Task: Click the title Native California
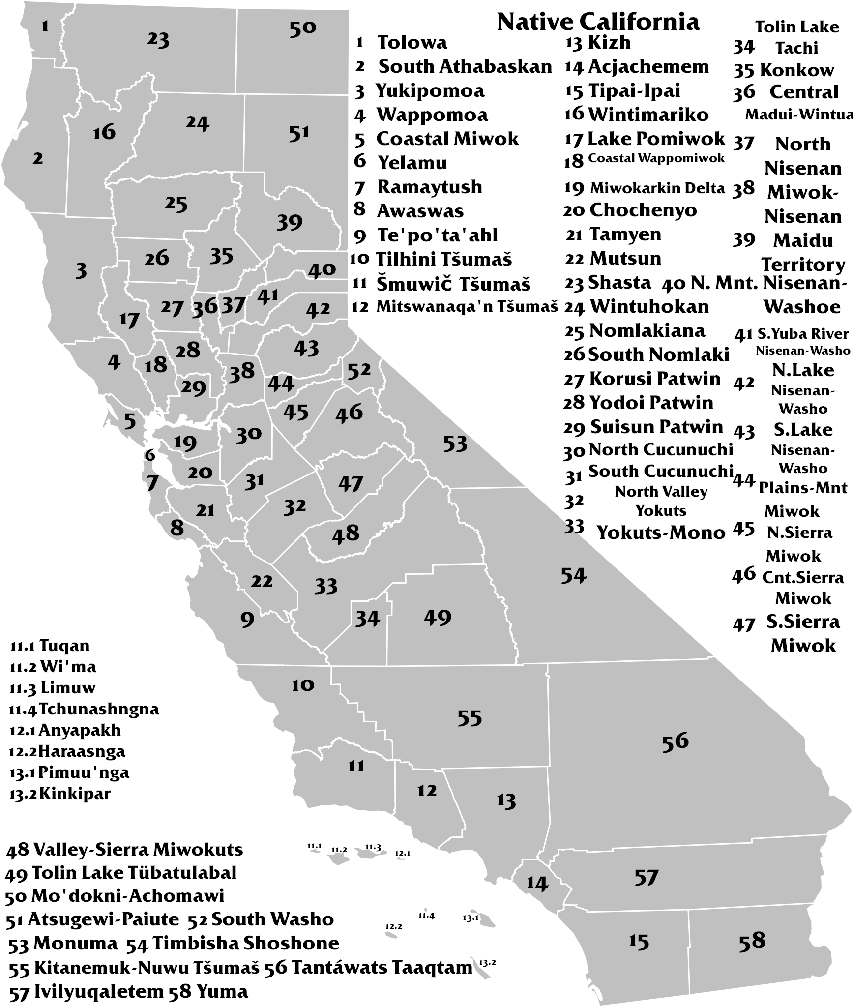coord(598,22)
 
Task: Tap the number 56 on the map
coord(675,741)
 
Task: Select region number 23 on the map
coord(158,40)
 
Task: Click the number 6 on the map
coord(150,455)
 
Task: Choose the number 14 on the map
coord(537,883)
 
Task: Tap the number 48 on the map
coord(346,533)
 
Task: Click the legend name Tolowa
coord(412,43)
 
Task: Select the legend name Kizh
coord(609,43)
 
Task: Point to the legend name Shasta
coord(619,283)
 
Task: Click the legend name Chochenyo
coord(643,210)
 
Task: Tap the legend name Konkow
coord(796,70)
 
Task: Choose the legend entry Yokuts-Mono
coord(661,533)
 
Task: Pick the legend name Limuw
coord(68,687)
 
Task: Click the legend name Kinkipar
coord(75,794)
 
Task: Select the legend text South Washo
coord(272,919)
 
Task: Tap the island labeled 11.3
coord(366,855)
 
